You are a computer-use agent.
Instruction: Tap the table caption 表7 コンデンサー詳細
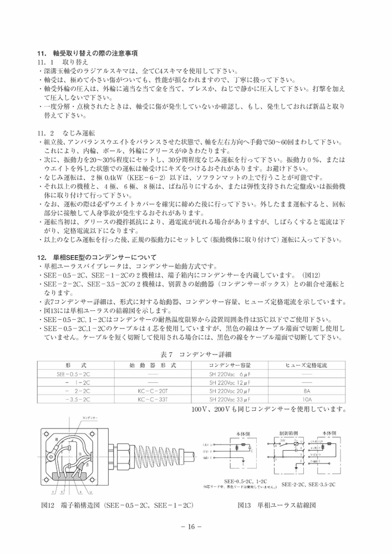tap(196, 354)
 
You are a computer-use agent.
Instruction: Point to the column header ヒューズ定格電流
tap(306, 366)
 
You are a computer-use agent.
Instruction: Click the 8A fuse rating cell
tap(306, 391)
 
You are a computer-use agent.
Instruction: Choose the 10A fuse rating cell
tap(306, 400)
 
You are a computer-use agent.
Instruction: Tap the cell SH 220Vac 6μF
tap(230, 375)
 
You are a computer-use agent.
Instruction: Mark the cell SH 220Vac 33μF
tap(230, 400)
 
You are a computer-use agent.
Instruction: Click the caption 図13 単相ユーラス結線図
tap(277, 506)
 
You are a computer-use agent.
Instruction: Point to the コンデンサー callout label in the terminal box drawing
tap(90, 417)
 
